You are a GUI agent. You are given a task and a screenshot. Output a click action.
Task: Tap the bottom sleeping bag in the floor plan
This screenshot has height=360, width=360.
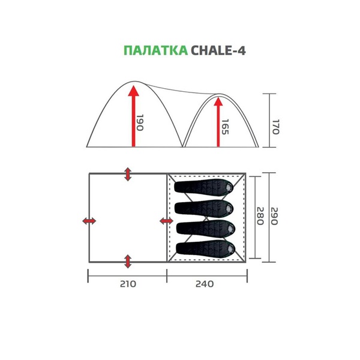(x=205, y=247)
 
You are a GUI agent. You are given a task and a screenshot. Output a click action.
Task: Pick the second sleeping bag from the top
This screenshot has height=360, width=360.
(x=205, y=208)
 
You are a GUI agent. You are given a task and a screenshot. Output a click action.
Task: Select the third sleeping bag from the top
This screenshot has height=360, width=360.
(x=205, y=227)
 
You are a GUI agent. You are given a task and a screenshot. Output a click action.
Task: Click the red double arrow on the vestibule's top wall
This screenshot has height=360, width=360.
(x=127, y=174)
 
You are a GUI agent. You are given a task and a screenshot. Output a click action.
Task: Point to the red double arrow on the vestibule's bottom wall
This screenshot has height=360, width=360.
(x=127, y=261)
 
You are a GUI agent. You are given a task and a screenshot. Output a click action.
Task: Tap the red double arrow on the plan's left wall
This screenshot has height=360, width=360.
(x=89, y=221)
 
